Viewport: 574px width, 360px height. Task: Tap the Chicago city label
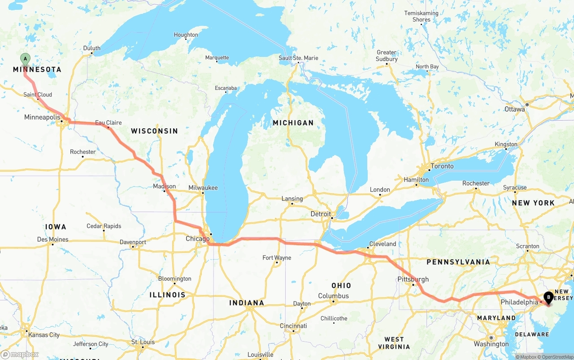197,239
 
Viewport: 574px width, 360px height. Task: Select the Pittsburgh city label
413,279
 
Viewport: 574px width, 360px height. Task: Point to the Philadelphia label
519,302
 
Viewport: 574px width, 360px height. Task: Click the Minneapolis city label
42,117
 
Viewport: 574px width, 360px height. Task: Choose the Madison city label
164,186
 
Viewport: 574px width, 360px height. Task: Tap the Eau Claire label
108,122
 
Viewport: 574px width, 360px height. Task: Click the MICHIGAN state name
293,122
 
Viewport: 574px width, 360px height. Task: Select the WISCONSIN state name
154,131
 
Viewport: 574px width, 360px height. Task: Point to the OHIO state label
341,286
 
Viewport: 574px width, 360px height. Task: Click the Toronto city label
442,166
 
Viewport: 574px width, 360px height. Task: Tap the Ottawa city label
514,109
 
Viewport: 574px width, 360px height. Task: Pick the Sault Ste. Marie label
298,58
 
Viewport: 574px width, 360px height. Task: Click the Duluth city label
92,48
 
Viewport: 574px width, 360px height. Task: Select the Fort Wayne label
277,258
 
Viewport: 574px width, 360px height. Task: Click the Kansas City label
43,335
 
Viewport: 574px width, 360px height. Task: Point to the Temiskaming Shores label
421,16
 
